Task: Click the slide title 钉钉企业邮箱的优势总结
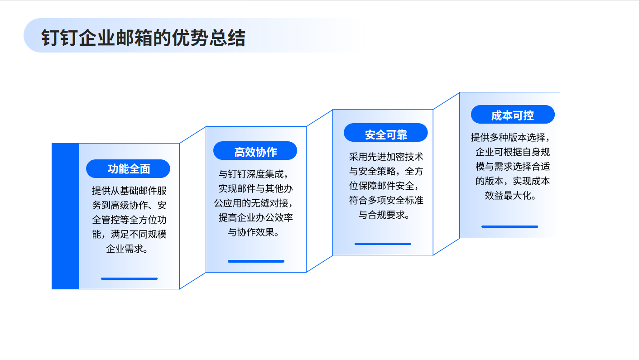(x=143, y=38)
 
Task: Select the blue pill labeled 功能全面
(x=128, y=168)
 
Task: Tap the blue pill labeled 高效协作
(x=255, y=151)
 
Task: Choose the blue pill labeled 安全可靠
(x=386, y=133)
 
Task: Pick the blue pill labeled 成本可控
(x=513, y=115)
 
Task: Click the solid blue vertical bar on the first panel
(x=65, y=216)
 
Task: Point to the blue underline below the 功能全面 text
(x=129, y=278)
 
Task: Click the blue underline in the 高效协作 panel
(x=256, y=261)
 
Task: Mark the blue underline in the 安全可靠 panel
(x=383, y=244)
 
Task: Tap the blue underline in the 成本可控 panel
(x=510, y=227)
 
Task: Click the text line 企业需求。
(x=127, y=249)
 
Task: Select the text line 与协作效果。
(x=254, y=232)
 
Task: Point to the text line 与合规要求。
(x=384, y=215)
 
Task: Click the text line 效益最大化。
(x=510, y=196)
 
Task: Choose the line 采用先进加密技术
(x=386, y=157)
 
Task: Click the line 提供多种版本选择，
(x=510, y=138)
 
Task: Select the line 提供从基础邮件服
(x=129, y=191)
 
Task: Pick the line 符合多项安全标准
(x=386, y=200)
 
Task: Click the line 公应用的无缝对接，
(x=254, y=203)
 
